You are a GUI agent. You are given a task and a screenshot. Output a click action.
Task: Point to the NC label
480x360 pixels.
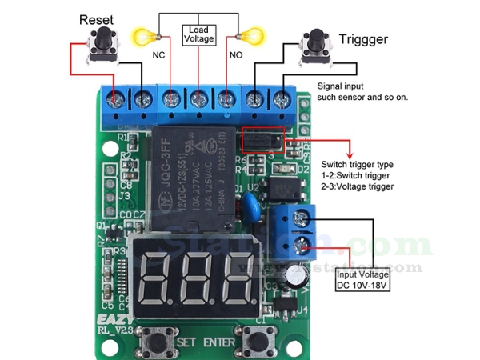(159, 56)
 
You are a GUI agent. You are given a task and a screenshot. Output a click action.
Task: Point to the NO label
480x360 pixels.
(235, 56)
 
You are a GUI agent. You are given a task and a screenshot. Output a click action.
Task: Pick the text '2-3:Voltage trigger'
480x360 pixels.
(357, 186)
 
